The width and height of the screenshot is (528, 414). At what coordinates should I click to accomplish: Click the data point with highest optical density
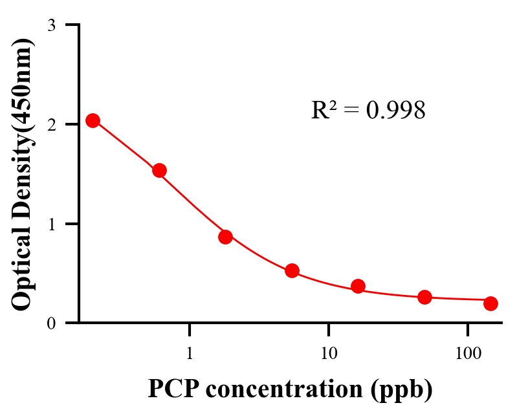pos(93,120)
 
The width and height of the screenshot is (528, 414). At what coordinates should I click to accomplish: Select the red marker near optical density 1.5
pos(159,171)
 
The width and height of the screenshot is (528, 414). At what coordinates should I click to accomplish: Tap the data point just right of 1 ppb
pos(225,237)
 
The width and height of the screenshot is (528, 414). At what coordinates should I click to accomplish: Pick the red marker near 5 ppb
pos(292,270)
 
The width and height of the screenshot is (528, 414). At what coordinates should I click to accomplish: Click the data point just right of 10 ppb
pos(358,286)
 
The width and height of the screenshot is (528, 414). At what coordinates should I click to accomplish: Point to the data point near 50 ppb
pos(424,297)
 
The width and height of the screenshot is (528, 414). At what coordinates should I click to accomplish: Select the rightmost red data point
pos(490,303)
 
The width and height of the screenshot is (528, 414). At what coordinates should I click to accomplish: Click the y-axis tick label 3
pos(52,25)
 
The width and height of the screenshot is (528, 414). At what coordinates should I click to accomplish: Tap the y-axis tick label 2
pos(52,124)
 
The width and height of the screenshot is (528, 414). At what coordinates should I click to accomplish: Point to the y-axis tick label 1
pos(52,224)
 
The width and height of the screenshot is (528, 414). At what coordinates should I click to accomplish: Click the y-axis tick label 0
pos(52,323)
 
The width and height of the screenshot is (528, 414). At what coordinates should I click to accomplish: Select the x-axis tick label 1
pos(190,354)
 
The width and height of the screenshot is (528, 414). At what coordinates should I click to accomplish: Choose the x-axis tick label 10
pos(329,354)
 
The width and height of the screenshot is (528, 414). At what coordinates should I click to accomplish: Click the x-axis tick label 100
pos(467,354)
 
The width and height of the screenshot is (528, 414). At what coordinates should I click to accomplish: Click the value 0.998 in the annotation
pos(395,111)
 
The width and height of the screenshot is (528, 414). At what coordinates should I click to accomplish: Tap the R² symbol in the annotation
pos(324,110)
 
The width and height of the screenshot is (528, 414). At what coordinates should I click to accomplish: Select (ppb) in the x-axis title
pos(402,389)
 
